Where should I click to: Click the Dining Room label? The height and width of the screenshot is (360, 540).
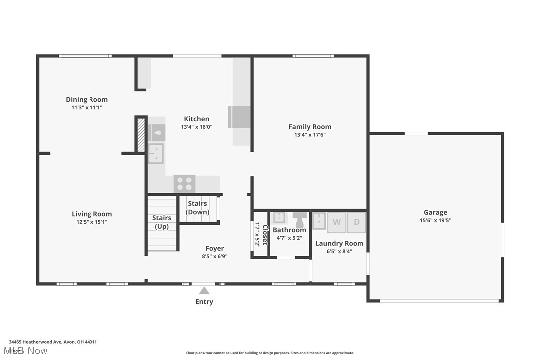pos(87,99)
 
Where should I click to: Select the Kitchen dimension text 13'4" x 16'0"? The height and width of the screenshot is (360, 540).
pos(197,127)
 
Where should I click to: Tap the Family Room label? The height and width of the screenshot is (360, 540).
pos(310,127)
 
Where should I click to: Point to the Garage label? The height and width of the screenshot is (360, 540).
pos(435,212)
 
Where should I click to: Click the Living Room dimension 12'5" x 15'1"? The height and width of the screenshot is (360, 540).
pos(92,222)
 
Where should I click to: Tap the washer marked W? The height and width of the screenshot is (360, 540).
pos(337,222)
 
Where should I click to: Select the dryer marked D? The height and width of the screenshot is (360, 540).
pos(356,222)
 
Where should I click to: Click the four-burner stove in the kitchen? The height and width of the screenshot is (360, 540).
pos(184,183)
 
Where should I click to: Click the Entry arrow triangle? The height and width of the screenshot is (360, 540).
pos(204,291)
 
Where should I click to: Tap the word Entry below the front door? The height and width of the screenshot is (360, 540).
pos(204,302)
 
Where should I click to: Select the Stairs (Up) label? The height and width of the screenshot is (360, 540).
pos(162,222)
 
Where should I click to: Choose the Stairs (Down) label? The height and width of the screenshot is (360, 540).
pos(197,208)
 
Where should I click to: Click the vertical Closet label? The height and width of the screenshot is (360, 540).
pos(265,234)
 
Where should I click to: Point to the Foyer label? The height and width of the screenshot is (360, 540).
pos(215,248)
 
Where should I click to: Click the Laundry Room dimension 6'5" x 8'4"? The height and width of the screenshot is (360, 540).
pos(339,251)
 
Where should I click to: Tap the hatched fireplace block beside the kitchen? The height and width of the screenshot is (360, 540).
pos(141,134)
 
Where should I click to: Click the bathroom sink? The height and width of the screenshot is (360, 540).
pos(280,218)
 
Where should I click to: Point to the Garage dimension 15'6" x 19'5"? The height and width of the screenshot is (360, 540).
pos(435,220)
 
